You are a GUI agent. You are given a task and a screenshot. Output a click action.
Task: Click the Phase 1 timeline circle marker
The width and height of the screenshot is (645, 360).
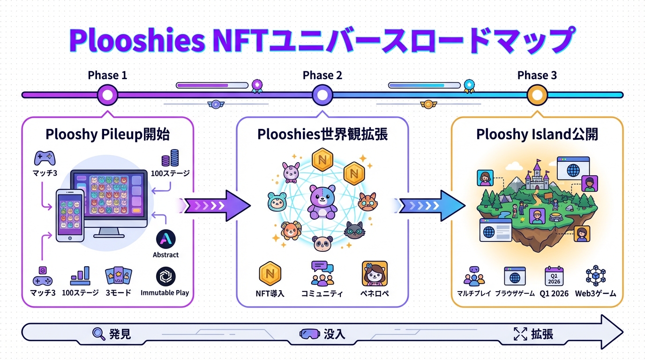[107, 95]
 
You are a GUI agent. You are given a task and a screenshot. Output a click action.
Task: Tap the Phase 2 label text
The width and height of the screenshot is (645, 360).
[322, 75]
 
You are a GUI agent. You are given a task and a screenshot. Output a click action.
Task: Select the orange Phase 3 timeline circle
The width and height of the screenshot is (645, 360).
[537, 95]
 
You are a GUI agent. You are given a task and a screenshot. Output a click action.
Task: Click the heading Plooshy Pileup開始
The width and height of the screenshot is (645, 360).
[107, 135]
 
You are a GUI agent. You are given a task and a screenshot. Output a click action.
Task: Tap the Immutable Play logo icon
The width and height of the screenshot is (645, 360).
[165, 277]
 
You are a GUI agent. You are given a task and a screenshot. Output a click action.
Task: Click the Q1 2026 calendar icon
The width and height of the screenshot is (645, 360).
[554, 276]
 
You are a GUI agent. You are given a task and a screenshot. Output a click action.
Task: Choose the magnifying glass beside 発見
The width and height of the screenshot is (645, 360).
[99, 334]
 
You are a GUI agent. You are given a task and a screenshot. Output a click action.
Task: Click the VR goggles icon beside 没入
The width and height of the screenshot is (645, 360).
[310, 334]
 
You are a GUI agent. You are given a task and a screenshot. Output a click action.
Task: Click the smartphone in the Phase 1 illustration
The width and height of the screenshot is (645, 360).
[70, 215]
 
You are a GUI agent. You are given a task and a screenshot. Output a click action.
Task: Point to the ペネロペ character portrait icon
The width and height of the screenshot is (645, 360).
[375, 274]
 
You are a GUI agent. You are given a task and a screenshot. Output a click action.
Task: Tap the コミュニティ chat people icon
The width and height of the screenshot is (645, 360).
[322, 274]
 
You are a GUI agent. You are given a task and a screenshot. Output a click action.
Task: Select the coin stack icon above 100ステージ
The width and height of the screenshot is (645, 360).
[170, 158]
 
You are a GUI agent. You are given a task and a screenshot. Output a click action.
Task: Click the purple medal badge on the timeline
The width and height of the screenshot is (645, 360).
[256, 85]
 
